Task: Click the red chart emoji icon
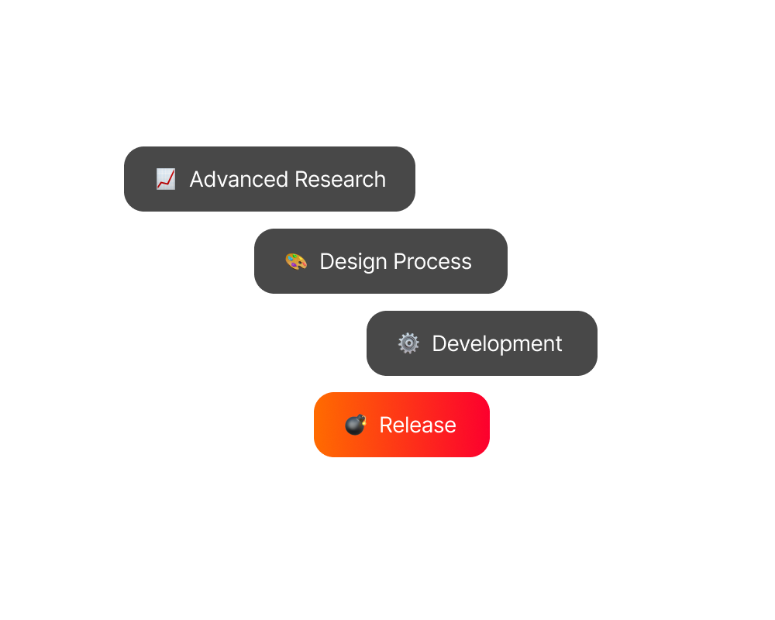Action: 165,179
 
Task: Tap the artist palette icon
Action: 296,261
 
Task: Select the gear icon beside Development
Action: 408,343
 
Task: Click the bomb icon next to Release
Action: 355,425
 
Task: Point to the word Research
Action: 340,179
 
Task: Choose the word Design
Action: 351,262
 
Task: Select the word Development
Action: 497,344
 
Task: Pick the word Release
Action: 418,425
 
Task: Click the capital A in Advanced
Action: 197,179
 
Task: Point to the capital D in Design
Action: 326,261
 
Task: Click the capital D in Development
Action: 439,343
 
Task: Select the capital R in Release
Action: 385,425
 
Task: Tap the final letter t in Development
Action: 558,344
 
